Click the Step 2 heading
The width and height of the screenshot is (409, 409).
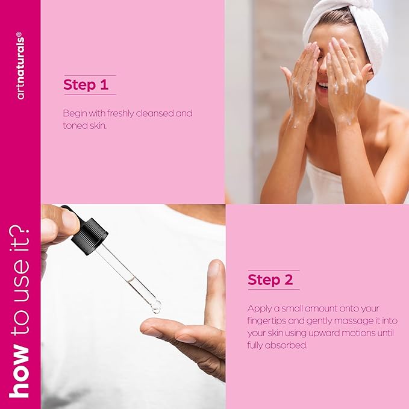(272, 280)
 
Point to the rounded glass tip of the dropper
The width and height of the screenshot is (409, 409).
(155, 308)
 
